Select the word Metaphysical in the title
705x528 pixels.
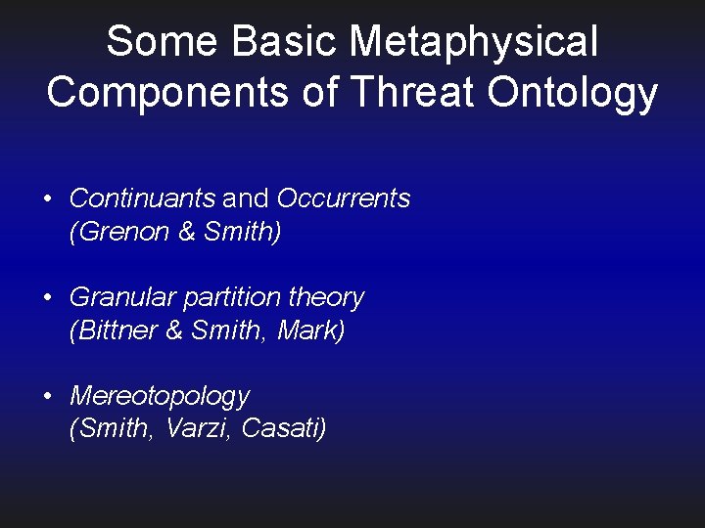point(475,42)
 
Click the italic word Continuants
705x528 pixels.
point(142,198)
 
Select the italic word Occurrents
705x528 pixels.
point(344,198)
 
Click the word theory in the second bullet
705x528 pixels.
point(326,297)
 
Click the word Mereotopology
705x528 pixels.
point(160,396)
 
